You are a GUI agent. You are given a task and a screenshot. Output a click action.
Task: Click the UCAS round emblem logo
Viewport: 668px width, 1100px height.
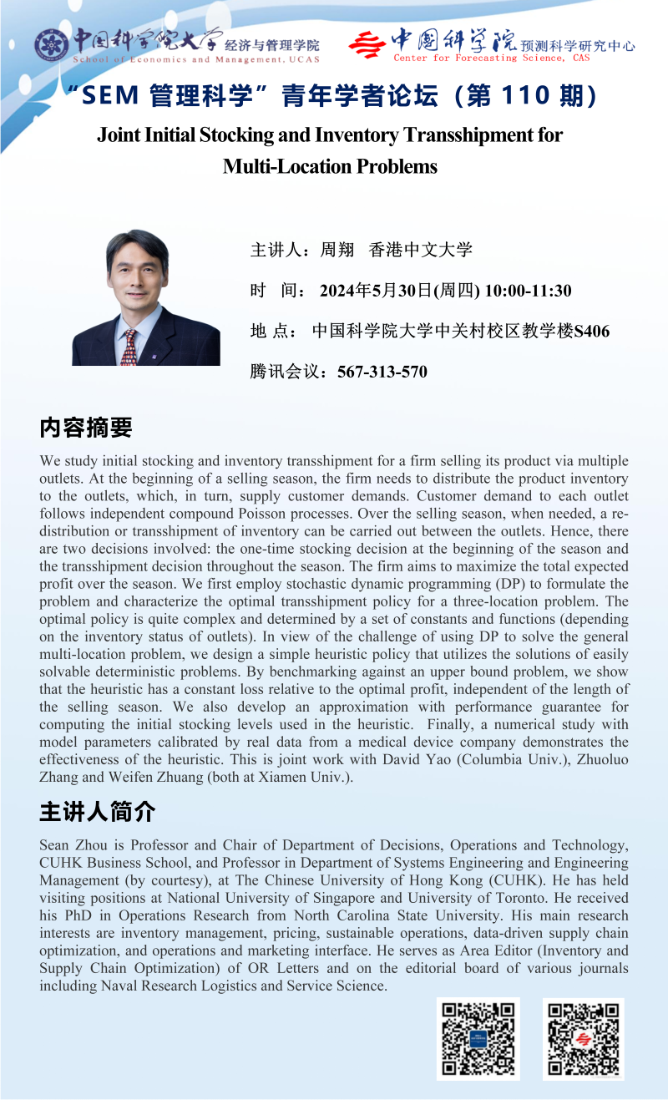[51, 43]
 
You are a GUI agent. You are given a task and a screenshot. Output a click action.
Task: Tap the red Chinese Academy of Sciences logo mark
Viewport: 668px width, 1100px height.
[367, 43]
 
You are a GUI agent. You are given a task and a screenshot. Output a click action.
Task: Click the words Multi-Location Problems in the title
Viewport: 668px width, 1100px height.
[330, 166]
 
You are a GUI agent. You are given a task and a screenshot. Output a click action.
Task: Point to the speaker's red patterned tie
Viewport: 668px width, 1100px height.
[129, 347]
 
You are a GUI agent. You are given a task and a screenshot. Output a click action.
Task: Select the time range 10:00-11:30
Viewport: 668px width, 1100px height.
[528, 291]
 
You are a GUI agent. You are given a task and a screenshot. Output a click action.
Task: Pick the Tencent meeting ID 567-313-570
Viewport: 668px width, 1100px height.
[382, 372]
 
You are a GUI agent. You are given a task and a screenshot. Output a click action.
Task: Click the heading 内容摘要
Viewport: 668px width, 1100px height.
[85, 428]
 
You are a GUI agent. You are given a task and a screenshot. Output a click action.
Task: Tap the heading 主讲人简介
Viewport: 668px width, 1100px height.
[97, 811]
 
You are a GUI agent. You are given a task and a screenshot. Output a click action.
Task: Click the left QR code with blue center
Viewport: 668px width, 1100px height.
[478, 1038]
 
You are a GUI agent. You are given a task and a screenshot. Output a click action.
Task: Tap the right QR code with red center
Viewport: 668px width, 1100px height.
[583, 1038]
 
